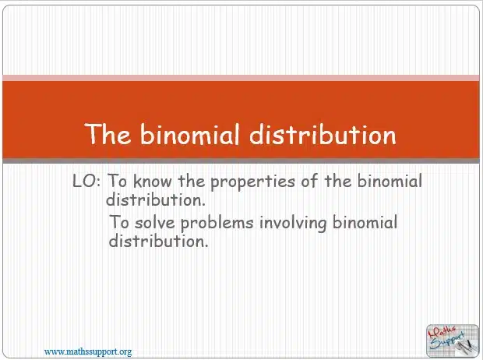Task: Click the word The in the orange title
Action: click(x=108, y=134)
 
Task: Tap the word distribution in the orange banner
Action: click(x=323, y=134)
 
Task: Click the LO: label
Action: click(x=86, y=181)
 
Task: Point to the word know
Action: click(x=152, y=181)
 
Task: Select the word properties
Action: click(x=252, y=182)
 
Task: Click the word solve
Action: click(x=154, y=222)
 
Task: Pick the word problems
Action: click(x=217, y=223)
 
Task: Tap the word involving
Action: click(x=293, y=223)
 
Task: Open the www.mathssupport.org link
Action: click(x=88, y=351)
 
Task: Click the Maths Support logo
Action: click(x=453, y=341)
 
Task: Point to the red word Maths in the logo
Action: click(x=442, y=333)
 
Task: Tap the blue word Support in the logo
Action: click(x=447, y=341)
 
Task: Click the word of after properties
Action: click(x=309, y=181)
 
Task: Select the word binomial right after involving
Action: click(x=365, y=222)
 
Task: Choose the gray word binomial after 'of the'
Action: click(x=390, y=181)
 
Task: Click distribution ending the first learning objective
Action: click(x=156, y=199)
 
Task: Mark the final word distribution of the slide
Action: click(x=159, y=241)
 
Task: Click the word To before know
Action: click(x=117, y=181)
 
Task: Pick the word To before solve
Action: click(x=119, y=222)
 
